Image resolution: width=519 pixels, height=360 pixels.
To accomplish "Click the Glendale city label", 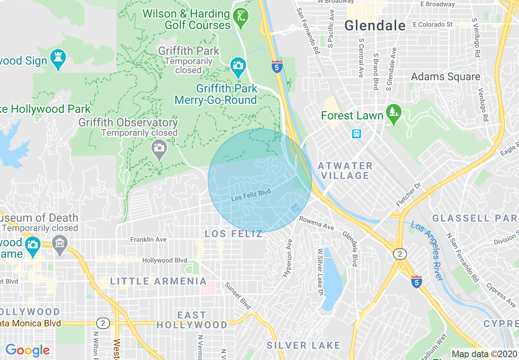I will point(375,26).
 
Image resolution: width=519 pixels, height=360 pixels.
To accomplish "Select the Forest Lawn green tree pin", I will point(393,115).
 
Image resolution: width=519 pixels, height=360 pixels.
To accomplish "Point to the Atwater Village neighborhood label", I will point(345,171).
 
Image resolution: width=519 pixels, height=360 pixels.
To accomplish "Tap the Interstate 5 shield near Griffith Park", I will point(277,66).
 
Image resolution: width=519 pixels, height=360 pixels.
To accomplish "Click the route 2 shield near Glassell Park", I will point(400,254).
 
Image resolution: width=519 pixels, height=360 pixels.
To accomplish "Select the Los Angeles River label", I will point(427,251).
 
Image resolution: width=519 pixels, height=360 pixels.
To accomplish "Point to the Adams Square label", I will point(445,76).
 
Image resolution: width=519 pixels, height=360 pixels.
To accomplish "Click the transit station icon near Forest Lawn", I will point(356,133).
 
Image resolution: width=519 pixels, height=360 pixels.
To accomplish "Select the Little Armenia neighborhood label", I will point(158,281).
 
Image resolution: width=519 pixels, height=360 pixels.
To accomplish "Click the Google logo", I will point(28,350).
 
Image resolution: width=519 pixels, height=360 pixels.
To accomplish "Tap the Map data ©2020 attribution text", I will point(484,354).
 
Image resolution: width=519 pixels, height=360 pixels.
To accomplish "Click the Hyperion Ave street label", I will point(288,257).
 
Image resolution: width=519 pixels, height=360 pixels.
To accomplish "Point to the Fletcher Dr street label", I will point(408,195).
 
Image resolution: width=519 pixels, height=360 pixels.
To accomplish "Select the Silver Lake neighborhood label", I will point(303,345).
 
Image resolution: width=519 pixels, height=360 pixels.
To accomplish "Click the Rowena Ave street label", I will point(316,223).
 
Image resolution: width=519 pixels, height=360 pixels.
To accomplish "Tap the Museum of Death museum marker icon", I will point(60,245).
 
